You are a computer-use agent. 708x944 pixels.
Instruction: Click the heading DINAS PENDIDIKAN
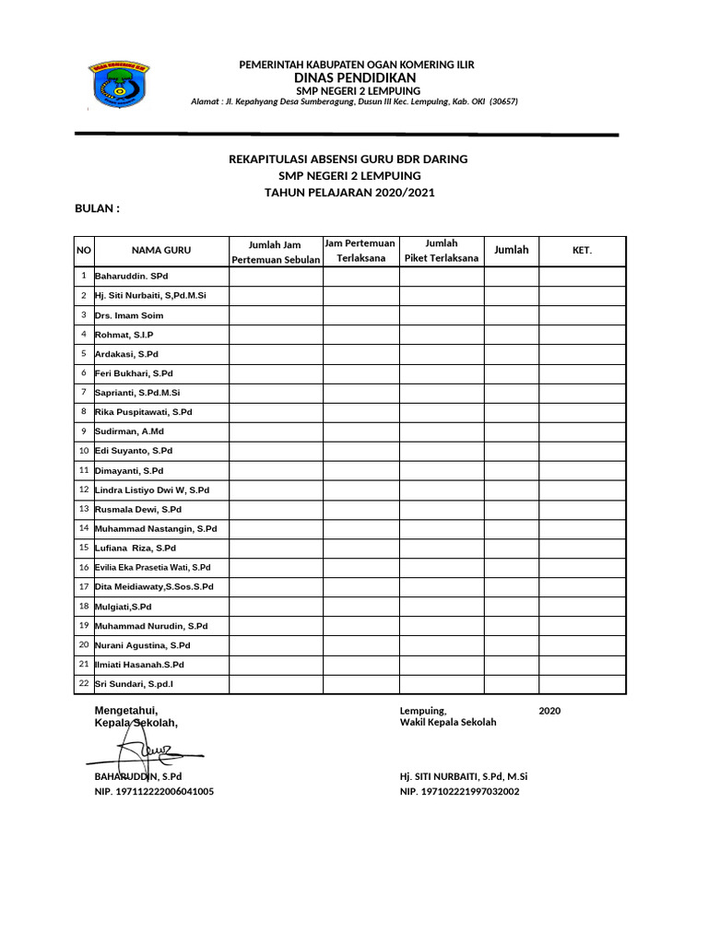356,78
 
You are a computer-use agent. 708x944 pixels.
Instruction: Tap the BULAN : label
98,209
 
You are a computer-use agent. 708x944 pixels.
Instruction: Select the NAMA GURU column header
161,251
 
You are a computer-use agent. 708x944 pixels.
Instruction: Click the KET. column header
582,251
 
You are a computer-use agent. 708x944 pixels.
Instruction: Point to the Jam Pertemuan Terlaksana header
360,251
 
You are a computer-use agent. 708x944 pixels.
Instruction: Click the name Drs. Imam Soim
129,315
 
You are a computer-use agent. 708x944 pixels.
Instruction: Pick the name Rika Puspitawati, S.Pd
143,412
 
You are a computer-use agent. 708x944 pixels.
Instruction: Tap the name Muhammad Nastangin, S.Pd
155,529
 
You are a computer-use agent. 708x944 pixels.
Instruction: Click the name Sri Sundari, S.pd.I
134,684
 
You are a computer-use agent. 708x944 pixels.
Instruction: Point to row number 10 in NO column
83,451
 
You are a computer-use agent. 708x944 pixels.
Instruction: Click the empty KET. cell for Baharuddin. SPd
582,277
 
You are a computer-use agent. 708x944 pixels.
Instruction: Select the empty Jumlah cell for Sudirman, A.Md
511,431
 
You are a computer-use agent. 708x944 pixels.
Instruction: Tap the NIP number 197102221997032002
459,791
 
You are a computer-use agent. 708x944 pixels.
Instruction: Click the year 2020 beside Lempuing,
549,711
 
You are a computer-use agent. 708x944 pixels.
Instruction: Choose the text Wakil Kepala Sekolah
447,722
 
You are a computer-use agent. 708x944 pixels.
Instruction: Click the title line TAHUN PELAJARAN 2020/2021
348,193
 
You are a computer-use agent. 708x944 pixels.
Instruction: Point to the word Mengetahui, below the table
126,710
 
